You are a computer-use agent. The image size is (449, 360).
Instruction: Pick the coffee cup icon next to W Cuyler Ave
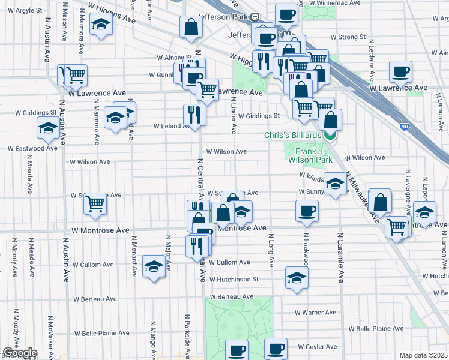tap(276, 348)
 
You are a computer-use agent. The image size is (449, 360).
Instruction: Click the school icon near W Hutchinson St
tap(296, 278)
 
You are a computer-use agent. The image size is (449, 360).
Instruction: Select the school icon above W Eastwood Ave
tap(47, 127)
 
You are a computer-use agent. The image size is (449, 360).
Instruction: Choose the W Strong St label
tap(343, 37)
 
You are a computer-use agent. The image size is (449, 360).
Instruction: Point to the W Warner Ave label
tap(316, 313)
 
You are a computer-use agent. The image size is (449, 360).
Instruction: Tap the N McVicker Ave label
tap(50, 333)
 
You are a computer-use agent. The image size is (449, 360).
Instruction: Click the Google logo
tap(19, 353)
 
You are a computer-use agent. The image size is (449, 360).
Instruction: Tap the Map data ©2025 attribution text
tap(423, 355)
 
